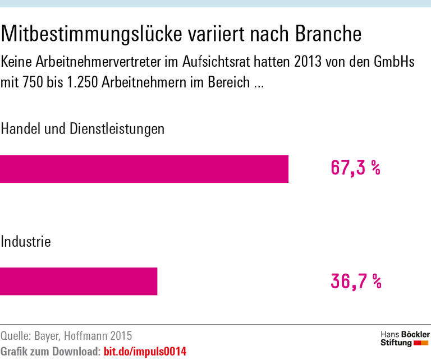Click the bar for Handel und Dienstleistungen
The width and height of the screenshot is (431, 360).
pyautogui.click(x=144, y=169)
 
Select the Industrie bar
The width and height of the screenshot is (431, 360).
pyautogui.click(x=79, y=281)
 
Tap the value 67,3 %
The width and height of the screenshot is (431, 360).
pyautogui.click(x=355, y=168)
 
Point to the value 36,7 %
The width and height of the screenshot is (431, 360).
pyautogui.click(x=356, y=280)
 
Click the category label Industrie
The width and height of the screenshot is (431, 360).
pyautogui.click(x=26, y=242)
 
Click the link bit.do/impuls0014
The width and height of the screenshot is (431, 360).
pyautogui.click(x=145, y=352)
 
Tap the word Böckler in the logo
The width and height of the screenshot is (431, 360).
pyautogui.click(x=412, y=334)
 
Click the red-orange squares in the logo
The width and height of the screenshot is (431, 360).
pyautogui.click(x=421, y=343)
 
